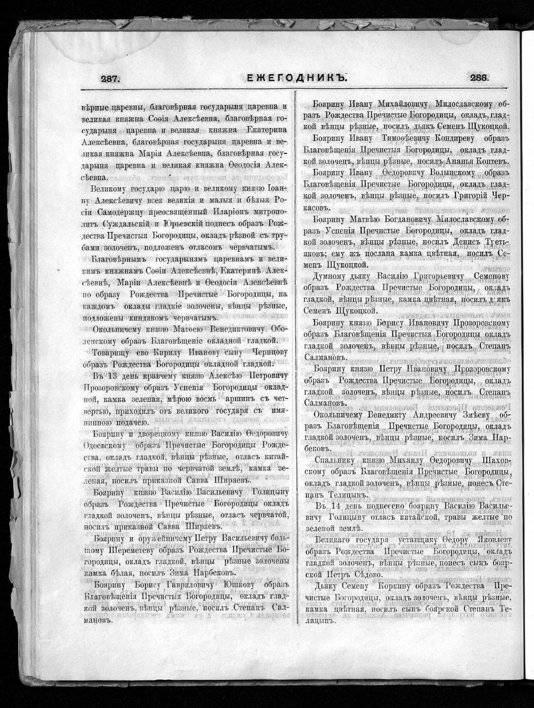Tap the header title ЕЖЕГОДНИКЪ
[297, 78]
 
